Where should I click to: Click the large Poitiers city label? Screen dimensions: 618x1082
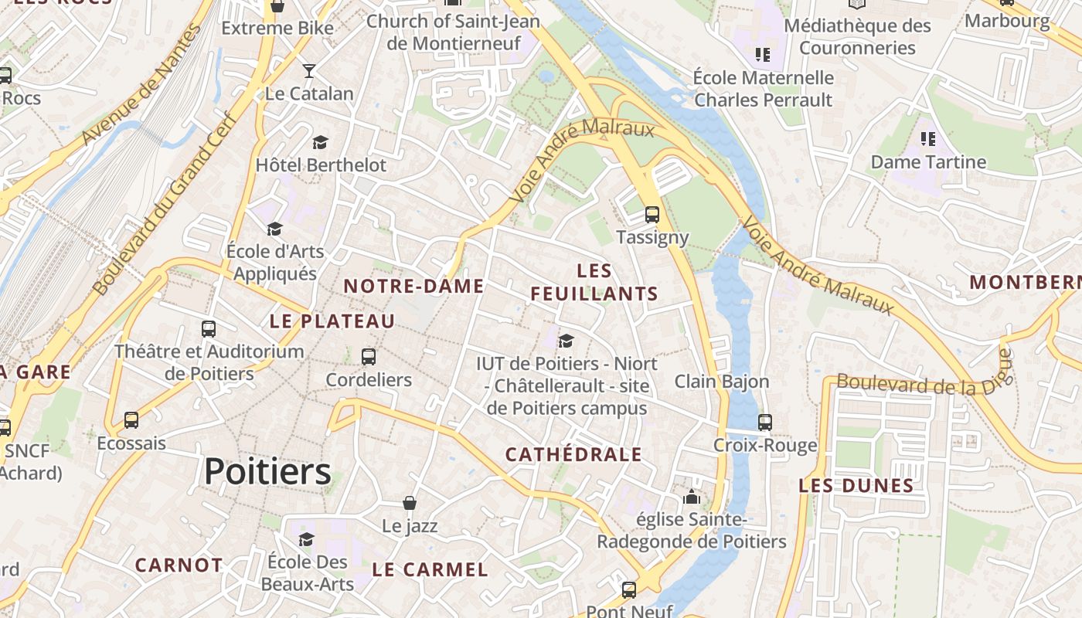(x=267, y=471)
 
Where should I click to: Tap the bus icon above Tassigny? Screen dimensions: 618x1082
(x=652, y=215)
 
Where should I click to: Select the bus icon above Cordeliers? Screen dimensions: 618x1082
(x=369, y=357)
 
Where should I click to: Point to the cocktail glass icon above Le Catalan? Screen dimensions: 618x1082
(x=309, y=71)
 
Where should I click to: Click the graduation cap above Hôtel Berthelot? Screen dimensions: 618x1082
(x=320, y=142)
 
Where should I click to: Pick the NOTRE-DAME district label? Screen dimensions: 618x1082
(x=413, y=286)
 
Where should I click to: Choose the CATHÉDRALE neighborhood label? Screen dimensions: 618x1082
(x=573, y=454)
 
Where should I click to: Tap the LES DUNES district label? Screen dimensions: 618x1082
(x=856, y=486)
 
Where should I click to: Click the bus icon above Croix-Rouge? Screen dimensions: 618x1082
(x=765, y=423)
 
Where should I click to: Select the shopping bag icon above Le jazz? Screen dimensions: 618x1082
(x=410, y=504)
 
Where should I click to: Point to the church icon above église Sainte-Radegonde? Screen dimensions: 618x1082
(x=692, y=497)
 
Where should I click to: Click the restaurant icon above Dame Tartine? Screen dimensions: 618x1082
(x=928, y=139)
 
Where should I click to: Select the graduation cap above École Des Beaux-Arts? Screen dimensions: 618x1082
(x=307, y=539)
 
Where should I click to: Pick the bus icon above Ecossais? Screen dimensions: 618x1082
(x=131, y=421)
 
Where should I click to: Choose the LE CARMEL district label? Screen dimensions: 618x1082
(x=430, y=570)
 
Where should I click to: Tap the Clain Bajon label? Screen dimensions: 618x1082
(x=722, y=382)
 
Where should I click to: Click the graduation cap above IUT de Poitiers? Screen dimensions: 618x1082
(x=567, y=341)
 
